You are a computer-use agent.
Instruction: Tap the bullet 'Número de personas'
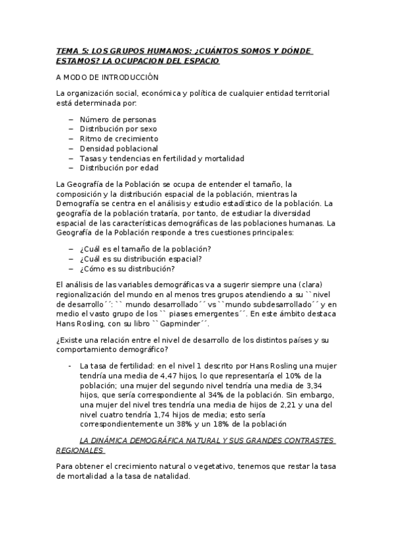tap(117, 119)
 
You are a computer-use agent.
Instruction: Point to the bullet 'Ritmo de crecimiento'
tap(119, 139)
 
